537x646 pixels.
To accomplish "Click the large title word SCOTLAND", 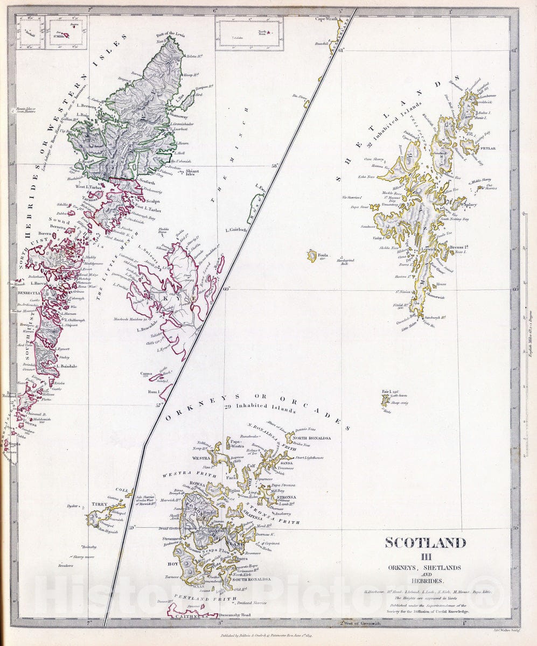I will (x=425, y=543).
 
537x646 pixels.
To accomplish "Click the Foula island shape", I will (x=312, y=255).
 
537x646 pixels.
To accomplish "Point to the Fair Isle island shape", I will (x=385, y=401).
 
